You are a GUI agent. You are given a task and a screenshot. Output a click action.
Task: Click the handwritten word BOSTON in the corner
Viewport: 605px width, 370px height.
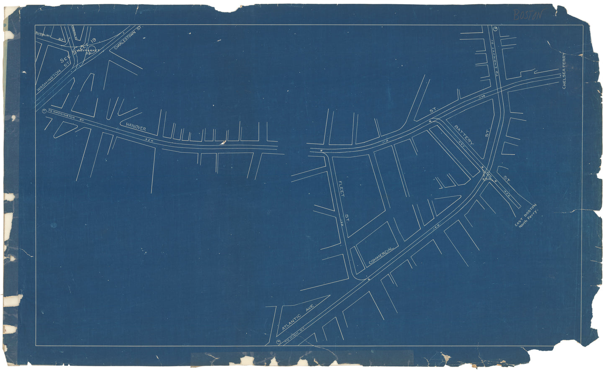tap(528, 15)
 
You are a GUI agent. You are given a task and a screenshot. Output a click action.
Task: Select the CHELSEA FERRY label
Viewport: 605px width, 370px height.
tap(564, 71)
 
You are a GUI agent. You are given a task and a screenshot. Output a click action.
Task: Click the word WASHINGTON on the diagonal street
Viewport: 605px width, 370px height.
tap(50, 78)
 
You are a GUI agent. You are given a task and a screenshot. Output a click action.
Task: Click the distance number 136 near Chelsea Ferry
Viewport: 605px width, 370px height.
tap(481, 97)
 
